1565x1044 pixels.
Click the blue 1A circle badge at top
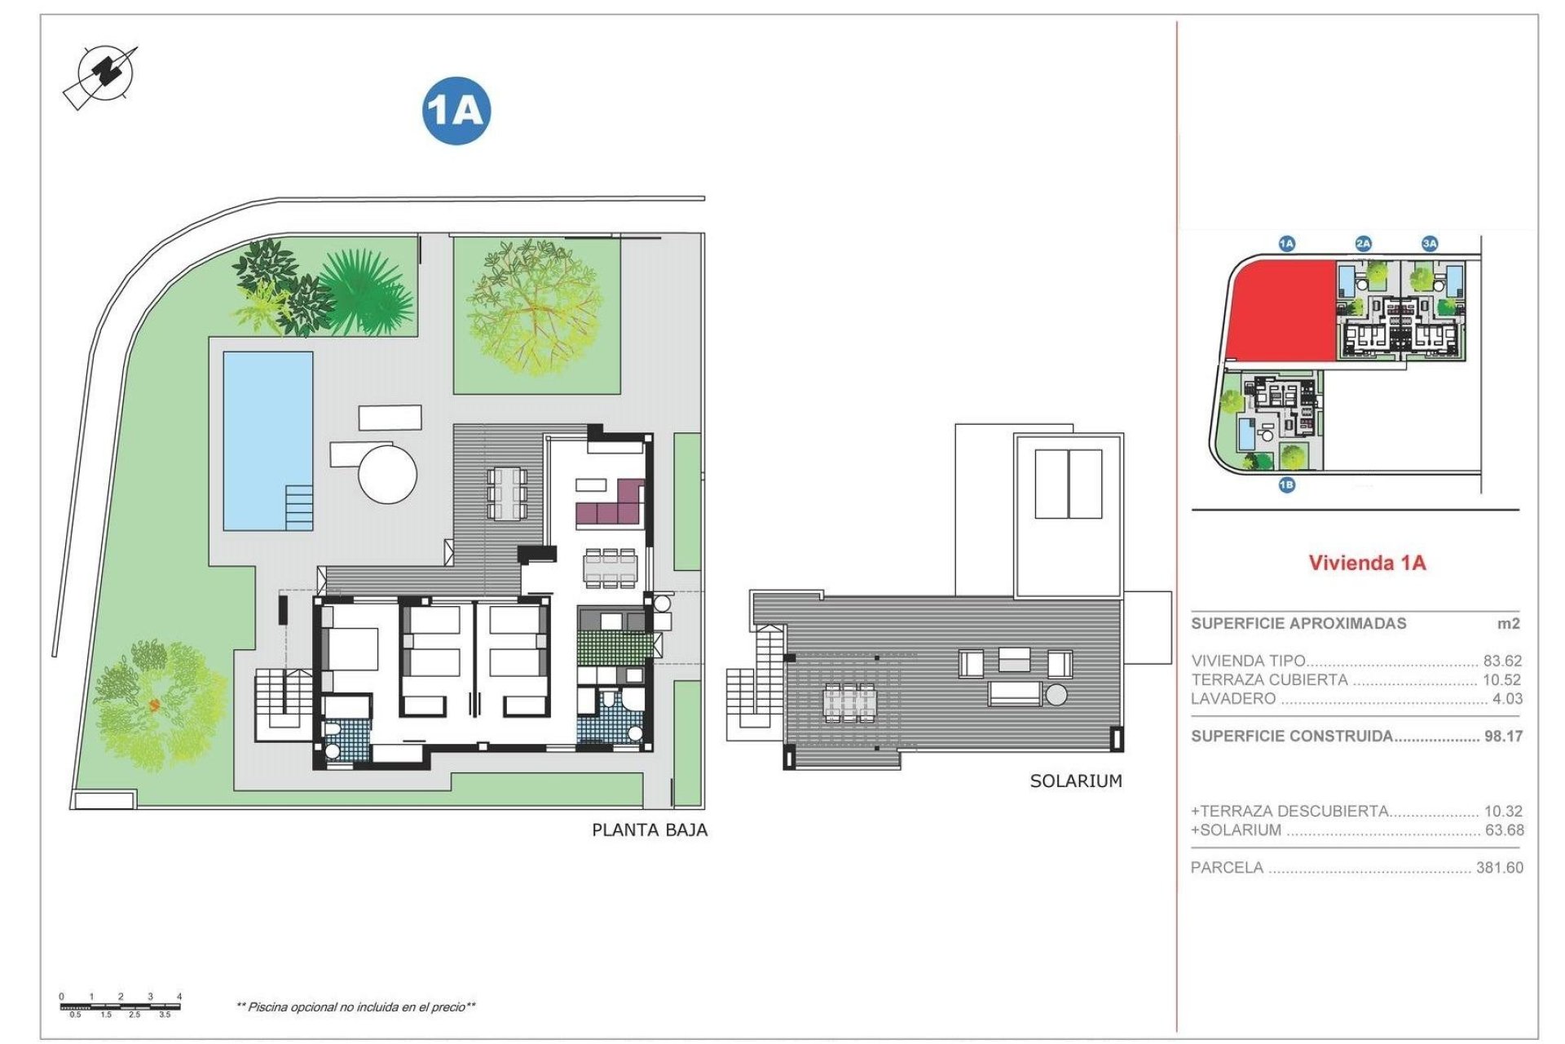456,111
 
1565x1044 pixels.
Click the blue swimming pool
267,440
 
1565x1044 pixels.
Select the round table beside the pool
388,473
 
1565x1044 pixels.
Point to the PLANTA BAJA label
650,830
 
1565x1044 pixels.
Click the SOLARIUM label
1076,781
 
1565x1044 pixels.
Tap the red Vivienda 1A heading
1367,563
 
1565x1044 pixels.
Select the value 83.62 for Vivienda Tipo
1502,661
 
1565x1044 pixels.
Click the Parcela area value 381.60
1499,868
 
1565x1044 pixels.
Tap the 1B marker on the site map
1286,485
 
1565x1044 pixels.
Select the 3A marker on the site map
1430,243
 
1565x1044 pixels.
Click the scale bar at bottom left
121,1006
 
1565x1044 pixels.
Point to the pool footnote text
356,1007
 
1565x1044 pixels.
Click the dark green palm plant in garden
366,294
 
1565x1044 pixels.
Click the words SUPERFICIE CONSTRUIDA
1291,737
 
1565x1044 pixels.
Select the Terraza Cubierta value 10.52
1502,679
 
